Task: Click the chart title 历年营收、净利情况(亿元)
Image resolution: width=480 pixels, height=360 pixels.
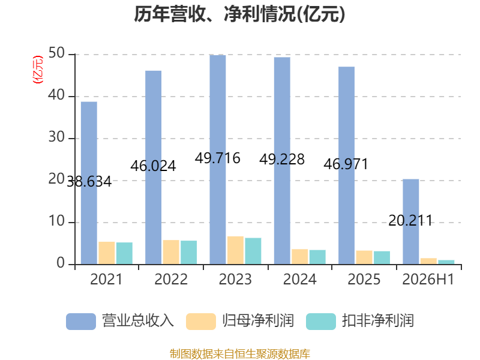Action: (239, 14)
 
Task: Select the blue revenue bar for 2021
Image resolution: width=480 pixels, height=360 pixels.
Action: (89, 183)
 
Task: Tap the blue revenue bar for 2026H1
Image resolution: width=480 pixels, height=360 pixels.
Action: (411, 221)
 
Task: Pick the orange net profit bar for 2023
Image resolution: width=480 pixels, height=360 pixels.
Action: (235, 250)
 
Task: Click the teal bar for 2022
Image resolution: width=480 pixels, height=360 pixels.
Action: (188, 252)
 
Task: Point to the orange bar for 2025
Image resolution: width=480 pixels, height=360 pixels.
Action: (364, 257)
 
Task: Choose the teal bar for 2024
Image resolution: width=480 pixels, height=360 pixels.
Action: (317, 257)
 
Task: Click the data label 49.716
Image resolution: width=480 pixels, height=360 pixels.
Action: (218, 158)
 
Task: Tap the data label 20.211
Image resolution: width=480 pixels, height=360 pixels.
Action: (410, 220)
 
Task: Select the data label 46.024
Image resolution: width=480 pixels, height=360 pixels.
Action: (153, 166)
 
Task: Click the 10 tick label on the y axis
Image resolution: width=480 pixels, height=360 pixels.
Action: (56, 221)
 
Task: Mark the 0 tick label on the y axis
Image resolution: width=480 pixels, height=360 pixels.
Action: (61, 263)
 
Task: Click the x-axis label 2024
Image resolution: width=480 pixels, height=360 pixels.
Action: (299, 279)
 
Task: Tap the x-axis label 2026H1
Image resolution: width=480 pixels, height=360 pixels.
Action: (428, 279)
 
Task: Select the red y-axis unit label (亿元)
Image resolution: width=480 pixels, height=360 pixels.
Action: (38, 70)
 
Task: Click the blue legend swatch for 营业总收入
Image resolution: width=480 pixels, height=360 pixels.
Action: (81, 322)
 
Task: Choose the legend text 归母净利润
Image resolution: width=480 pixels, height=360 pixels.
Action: (258, 321)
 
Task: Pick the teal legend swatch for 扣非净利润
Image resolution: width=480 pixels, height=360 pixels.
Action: (321, 322)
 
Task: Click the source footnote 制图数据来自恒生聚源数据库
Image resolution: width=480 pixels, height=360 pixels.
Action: (240, 354)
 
